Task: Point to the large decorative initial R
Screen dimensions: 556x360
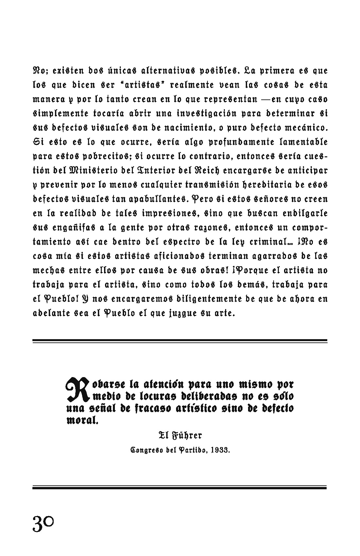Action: coord(77,389)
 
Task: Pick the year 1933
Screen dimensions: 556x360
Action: coord(221,450)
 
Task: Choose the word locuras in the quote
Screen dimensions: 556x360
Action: coord(140,396)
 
